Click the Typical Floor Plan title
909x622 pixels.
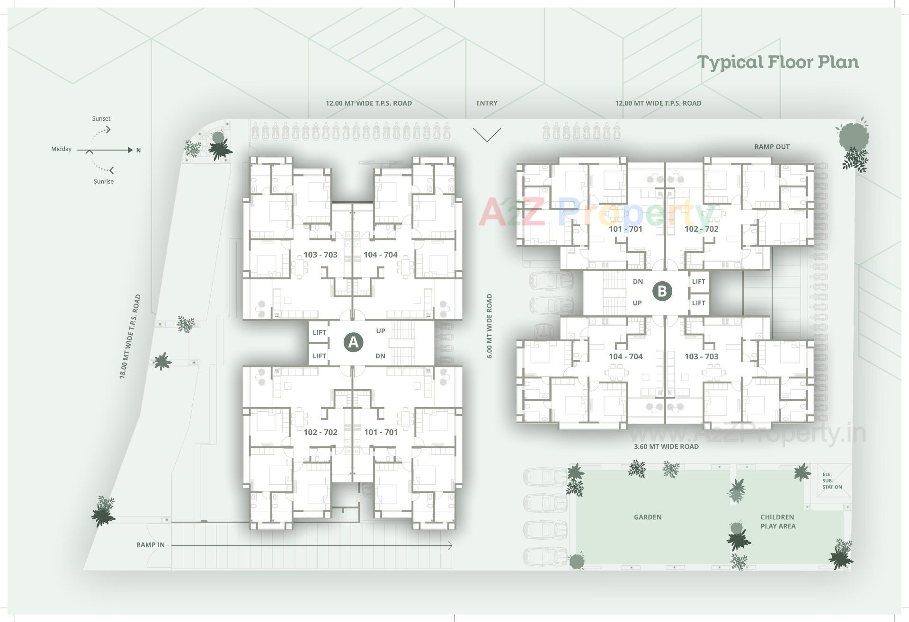(778, 62)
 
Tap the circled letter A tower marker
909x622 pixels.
(353, 342)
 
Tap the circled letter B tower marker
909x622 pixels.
(662, 291)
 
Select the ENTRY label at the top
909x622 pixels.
(487, 103)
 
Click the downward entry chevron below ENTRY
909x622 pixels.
(487, 135)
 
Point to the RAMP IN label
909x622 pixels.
(151, 545)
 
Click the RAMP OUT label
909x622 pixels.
(772, 147)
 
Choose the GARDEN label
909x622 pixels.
(647, 517)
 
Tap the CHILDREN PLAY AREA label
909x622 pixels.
(778, 522)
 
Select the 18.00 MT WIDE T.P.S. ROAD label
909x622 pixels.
(130, 336)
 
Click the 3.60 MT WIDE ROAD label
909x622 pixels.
(666, 446)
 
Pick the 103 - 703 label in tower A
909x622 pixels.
(321, 255)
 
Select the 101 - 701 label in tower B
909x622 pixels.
(625, 229)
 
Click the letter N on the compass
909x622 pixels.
(139, 151)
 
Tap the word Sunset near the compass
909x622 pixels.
(101, 119)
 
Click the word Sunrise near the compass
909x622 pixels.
(104, 181)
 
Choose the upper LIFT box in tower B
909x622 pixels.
(698, 282)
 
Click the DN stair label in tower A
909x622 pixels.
(380, 356)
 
